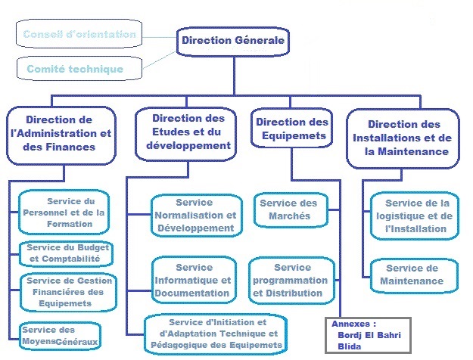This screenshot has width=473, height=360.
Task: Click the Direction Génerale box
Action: click(x=233, y=41)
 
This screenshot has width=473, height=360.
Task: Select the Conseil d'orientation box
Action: click(x=79, y=35)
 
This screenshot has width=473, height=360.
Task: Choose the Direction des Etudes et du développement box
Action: click(x=188, y=132)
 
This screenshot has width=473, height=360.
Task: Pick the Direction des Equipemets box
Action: click(x=291, y=129)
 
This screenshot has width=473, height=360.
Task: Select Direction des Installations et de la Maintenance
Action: click(x=403, y=138)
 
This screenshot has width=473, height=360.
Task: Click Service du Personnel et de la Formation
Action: click(x=65, y=213)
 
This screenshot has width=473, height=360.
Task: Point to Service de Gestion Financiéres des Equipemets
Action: click(x=68, y=292)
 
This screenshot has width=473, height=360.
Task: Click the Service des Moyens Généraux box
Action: click(x=61, y=336)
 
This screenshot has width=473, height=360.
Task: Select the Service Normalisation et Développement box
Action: click(x=194, y=216)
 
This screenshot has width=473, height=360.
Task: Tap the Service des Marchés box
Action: click(x=290, y=209)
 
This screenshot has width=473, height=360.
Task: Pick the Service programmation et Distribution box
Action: click(x=291, y=280)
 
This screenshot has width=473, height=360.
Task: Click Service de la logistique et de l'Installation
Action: click(x=415, y=216)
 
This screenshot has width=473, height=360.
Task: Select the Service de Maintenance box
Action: click(x=413, y=275)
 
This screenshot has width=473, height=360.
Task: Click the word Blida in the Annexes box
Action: click(x=350, y=346)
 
